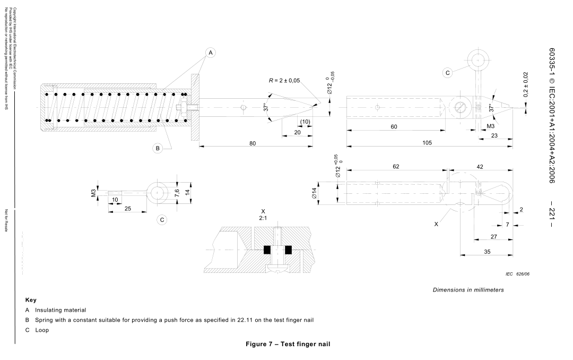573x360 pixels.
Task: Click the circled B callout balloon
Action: [x=158, y=148]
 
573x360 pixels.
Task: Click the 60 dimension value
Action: [x=394, y=127]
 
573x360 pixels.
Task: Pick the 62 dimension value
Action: [x=396, y=167]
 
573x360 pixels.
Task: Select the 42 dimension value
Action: [x=480, y=167]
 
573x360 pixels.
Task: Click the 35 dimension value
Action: [x=487, y=252]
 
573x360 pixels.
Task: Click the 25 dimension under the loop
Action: [x=128, y=209]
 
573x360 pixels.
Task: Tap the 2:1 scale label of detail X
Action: [x=263, y=218]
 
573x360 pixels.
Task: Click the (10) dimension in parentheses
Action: [x=305, y=122]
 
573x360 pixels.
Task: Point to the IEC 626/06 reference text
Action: [x=507, y=275]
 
